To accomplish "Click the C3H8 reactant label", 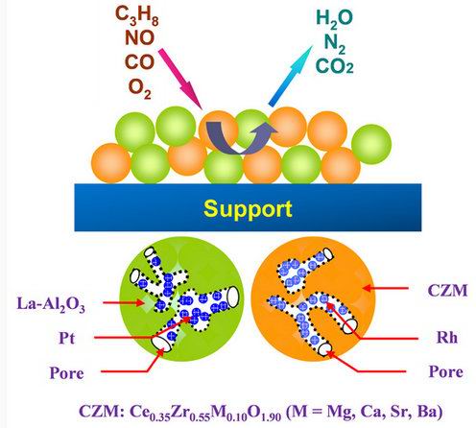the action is pos(136,16).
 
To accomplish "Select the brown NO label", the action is pos(139,37).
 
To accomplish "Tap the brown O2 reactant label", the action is pos(139,88).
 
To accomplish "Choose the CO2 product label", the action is pos(335,66).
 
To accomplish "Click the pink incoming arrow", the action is pos(180,79).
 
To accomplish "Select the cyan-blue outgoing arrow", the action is pos(291,76).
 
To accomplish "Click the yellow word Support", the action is pos(248,208).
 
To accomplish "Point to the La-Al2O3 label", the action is pos(51,303).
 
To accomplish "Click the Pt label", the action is pos(66,338).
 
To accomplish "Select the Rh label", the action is pos(446,338).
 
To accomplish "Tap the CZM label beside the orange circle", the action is pos(447,291).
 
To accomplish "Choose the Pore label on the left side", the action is pos(66,373).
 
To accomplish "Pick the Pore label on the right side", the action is pos(445,371).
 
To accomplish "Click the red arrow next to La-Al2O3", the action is pos(124,302).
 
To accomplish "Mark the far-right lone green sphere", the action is pos(371,144).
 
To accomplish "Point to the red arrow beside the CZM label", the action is pos(386,288).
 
